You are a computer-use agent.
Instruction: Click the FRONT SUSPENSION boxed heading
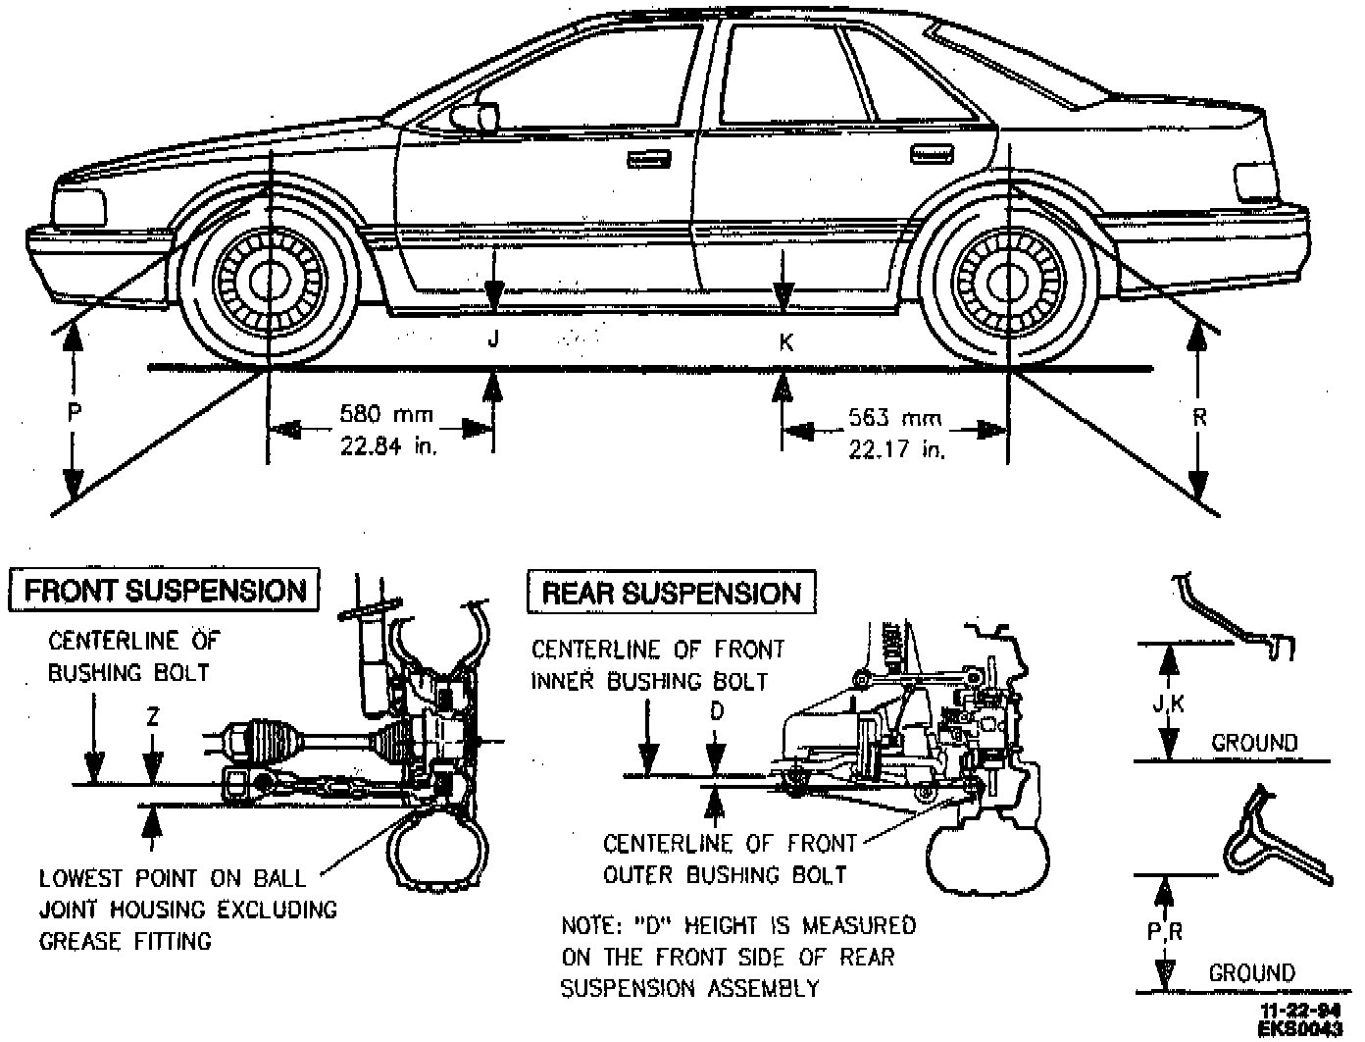tap(164, 591)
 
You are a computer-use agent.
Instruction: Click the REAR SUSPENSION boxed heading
tap(672, 593)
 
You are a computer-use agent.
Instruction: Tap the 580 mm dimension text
tap(385, 414)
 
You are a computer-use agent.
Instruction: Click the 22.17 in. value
tap(896, 449)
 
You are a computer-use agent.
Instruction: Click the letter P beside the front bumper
tap(75, 413)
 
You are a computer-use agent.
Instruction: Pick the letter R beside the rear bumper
tap(1199, 417)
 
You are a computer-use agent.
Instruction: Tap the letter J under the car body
tap(494, 339)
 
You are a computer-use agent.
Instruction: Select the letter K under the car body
tap(785, 341)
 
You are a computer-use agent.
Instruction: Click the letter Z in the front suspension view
tap(152, 717)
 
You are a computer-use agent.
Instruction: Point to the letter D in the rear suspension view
tap(717, 711)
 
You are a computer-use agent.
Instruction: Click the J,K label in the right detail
tap(1167, 703)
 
